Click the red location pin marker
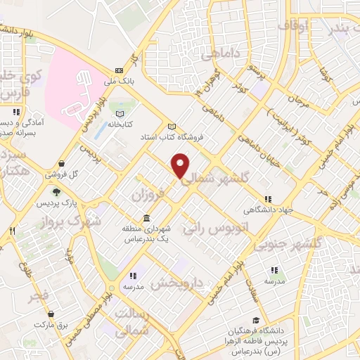[x=181, y=165]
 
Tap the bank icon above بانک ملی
[x=118, y=70]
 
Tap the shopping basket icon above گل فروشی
[x=63, y=163]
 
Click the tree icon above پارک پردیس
[x=56, y=190]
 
